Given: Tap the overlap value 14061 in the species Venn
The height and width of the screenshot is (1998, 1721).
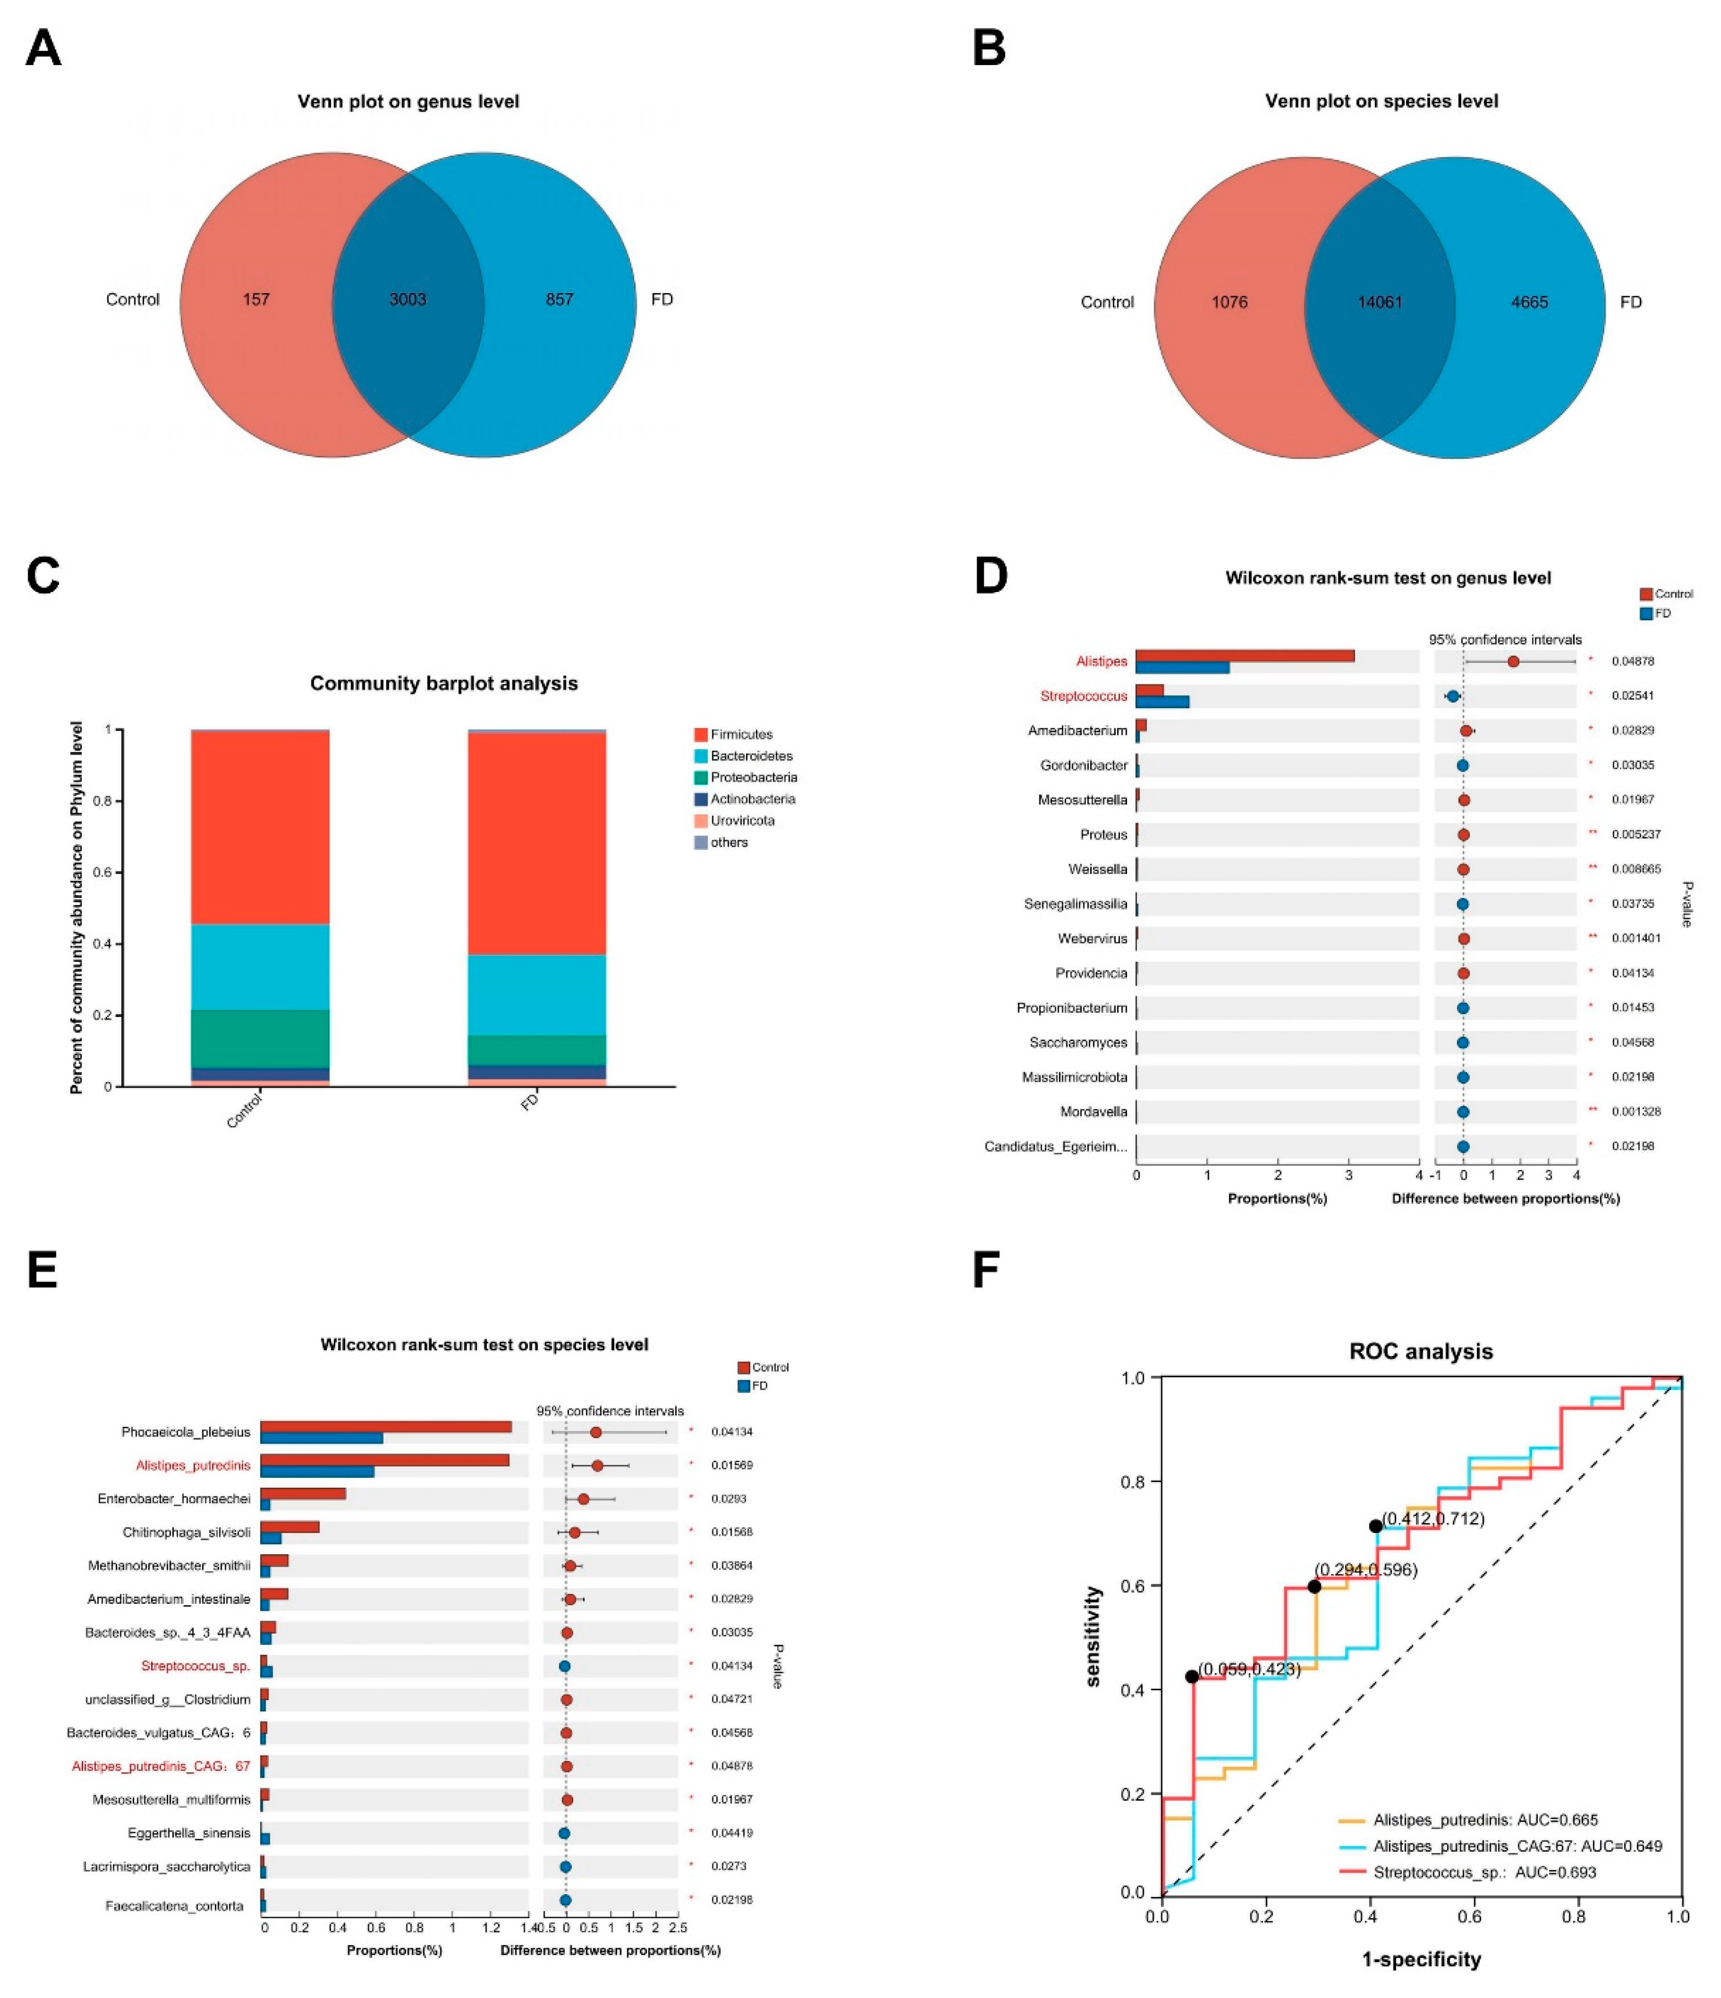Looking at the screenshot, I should pos(1379,302).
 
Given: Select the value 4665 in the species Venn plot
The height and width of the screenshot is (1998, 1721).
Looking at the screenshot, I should pos(1529,302).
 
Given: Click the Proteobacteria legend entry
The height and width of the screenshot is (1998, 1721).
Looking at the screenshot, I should pos(753,777).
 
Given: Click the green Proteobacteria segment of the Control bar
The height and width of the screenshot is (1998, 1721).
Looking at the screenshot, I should pos(260,1038).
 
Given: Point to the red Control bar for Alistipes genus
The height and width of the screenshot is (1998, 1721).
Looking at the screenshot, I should pos(1244,656).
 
